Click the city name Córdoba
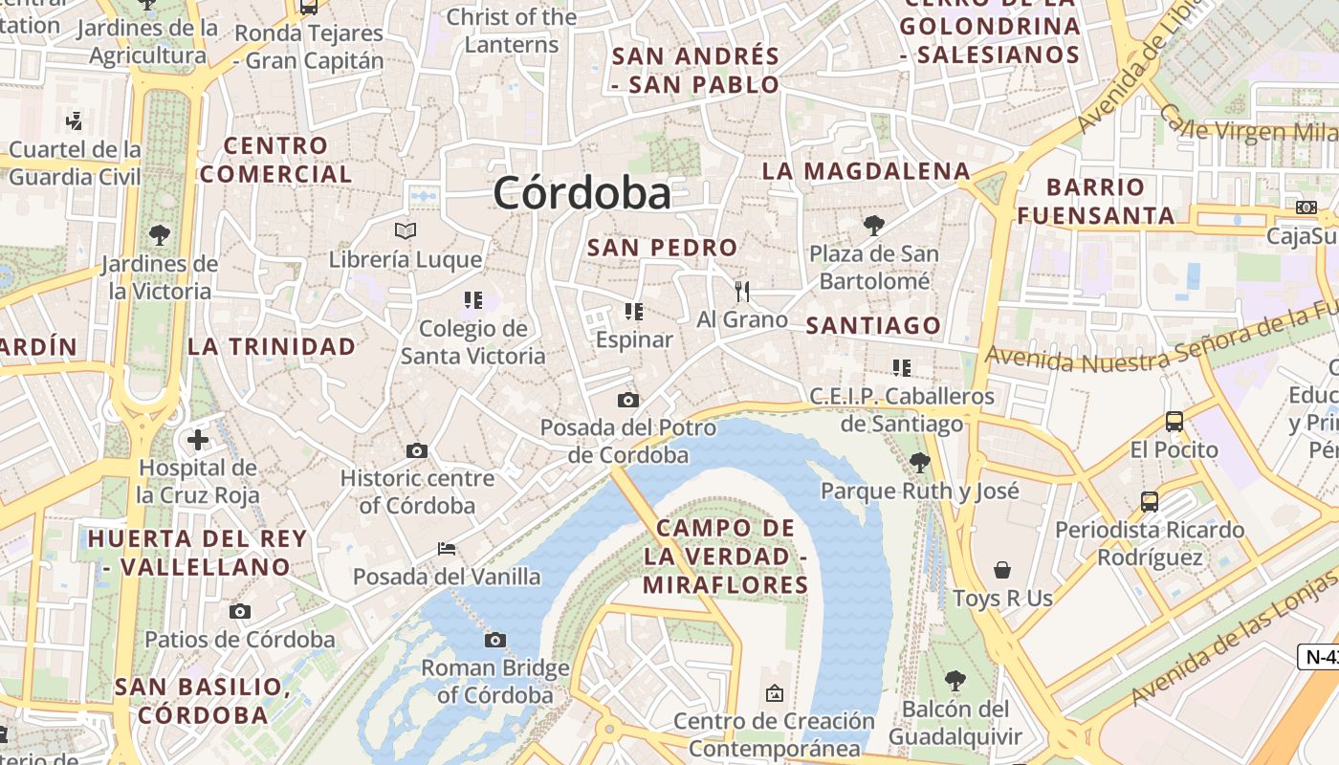pos(582,193)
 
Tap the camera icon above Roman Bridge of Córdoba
pos(494,640)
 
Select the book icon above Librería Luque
pos(406,230)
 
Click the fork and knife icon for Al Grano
pos(742,291)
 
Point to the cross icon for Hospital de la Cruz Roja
pos(198,440)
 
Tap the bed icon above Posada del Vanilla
pos(446,549)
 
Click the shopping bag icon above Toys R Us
pos(1002,570)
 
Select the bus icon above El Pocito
pos(1174,421)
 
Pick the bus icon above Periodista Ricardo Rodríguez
pos(1150,501)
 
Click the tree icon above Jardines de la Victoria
pos(159,234)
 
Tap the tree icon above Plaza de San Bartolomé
pos(872,226)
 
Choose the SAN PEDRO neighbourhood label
pos(663,248)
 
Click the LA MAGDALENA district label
pos(866,171)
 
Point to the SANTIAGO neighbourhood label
pos(873,326)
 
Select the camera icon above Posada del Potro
pos(627,400)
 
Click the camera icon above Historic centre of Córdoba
pos(417,450)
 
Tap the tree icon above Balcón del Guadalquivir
pos(955,681)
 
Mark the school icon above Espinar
pos(633,311)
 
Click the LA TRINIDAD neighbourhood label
pos(272,346)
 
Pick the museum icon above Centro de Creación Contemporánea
pos(775,692)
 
